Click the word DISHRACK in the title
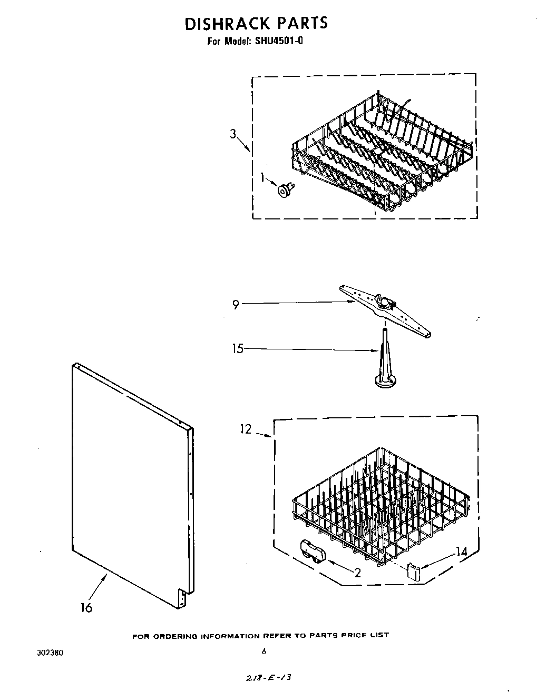tap(220, 24)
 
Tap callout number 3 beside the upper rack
tap(233, 134)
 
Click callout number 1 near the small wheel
tap(263, 178)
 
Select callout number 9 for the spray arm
tap(236, 304)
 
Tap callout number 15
tap(238, 348)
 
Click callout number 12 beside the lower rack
tap(246, 429)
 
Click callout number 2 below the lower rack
tap(357, 573)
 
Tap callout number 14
tap(461, 551)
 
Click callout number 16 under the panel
tap(86, 607)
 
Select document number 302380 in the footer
tap(51, 653)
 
